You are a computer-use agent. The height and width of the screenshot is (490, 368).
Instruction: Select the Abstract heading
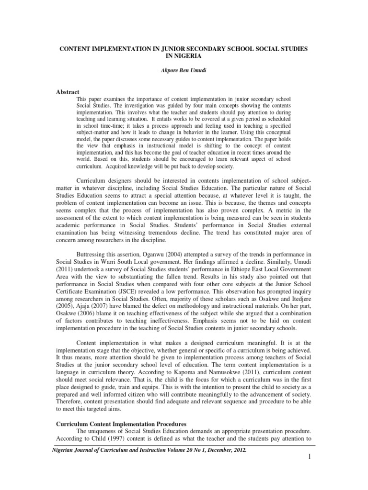point(68,91)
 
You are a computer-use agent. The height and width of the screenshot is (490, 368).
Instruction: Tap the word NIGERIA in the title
point(184,56)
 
